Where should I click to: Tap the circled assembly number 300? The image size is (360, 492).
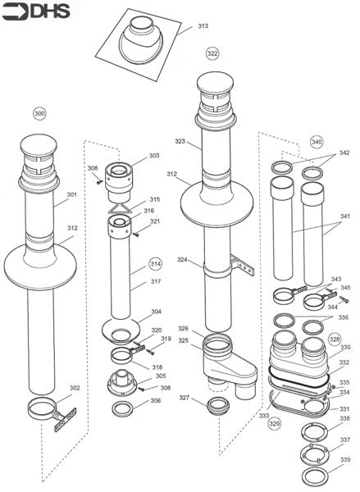tap(39, 112)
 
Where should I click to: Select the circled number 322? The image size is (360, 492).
tap(212, 53)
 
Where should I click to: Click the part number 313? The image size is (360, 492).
tap(203, 25)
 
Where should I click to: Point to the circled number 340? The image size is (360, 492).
tap(317, 140)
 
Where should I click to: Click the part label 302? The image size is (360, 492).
tap(75, 388)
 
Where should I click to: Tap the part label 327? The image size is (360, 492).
tap(185, 399)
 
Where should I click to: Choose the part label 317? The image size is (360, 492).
tap(155, 283)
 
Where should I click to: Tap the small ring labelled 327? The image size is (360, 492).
tap(218, 405)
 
